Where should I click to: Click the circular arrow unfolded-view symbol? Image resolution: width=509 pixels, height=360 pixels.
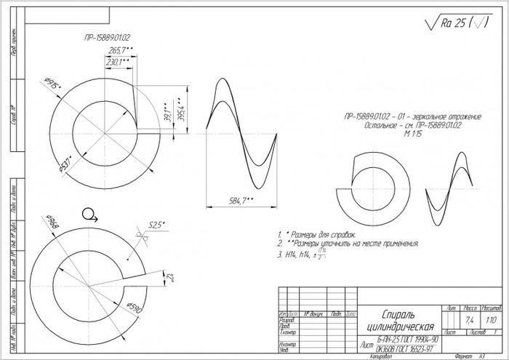point(89,214)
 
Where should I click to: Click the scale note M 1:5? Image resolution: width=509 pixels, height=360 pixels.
point(412,135)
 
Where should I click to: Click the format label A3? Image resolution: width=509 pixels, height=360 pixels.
point(481,356)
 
